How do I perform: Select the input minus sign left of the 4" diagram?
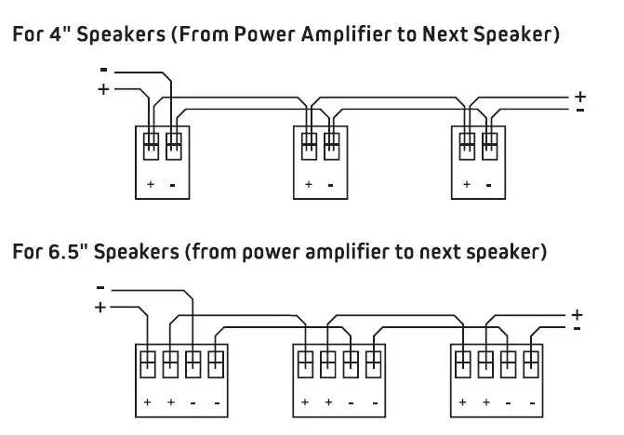103,70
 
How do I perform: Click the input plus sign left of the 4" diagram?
102,89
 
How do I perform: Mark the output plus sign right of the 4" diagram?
580,96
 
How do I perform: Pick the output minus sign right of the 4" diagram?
580,110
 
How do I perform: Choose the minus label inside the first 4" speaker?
173,184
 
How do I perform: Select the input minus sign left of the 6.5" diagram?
100,287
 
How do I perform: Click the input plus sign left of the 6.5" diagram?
100,307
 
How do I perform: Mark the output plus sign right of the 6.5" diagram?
577,314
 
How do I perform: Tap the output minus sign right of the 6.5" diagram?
578,328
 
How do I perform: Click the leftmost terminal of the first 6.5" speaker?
148,362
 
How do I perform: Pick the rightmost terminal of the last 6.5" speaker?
530,362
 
